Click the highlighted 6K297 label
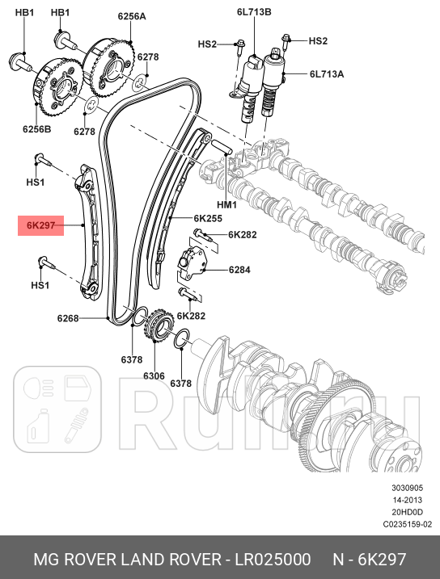point(40,225)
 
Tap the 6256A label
point(132,16)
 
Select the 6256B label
point(37,129)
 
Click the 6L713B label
point(254,12)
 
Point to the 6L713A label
point(327,74)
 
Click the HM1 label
point(226,204)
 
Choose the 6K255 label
point(208,219)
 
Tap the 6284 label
point(239,270)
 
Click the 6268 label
point(68,318)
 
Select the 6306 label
point(154,376)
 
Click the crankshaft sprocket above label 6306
point(159,325)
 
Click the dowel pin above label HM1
point(221,147)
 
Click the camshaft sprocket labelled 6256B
point(58,87)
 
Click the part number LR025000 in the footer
point(273,560)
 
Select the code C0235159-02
point(408,524)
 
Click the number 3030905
point(407,488)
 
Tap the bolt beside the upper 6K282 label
point(202,235)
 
